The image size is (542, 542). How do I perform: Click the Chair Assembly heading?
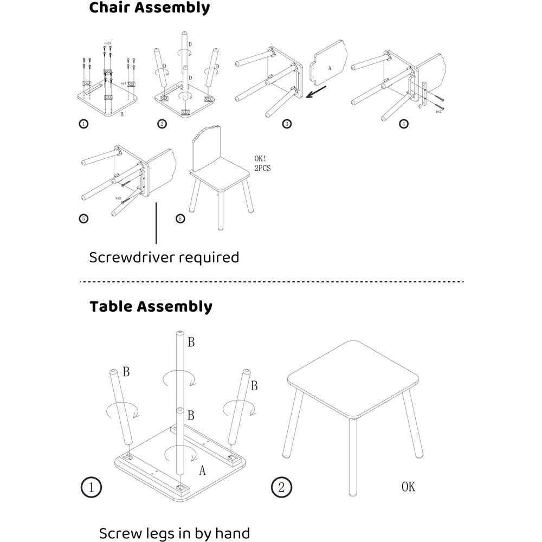click(149, 8)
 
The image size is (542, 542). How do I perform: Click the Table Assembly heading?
click(151, 307)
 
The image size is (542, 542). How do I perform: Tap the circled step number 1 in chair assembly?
click(83, 124)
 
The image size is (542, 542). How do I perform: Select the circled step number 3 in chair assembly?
click(287, 124)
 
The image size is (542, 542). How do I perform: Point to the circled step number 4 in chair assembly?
click(403, 124)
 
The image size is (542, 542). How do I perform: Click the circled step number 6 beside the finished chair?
click(180, 218)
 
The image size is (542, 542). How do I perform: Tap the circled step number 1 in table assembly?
click(91, 486)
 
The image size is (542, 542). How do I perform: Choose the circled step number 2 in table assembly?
click(281, 486)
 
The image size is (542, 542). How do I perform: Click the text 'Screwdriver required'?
click(164, 257)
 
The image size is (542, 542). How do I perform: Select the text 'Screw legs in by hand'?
click(174, 533)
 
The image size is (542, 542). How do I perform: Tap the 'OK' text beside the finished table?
click(408, 487)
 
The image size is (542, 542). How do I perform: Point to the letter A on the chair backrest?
click(329, 68)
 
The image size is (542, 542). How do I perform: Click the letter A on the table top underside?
click(202, 470)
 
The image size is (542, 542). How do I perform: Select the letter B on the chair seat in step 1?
click(121, 114)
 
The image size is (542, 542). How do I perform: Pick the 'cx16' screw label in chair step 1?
click(107, 43)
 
